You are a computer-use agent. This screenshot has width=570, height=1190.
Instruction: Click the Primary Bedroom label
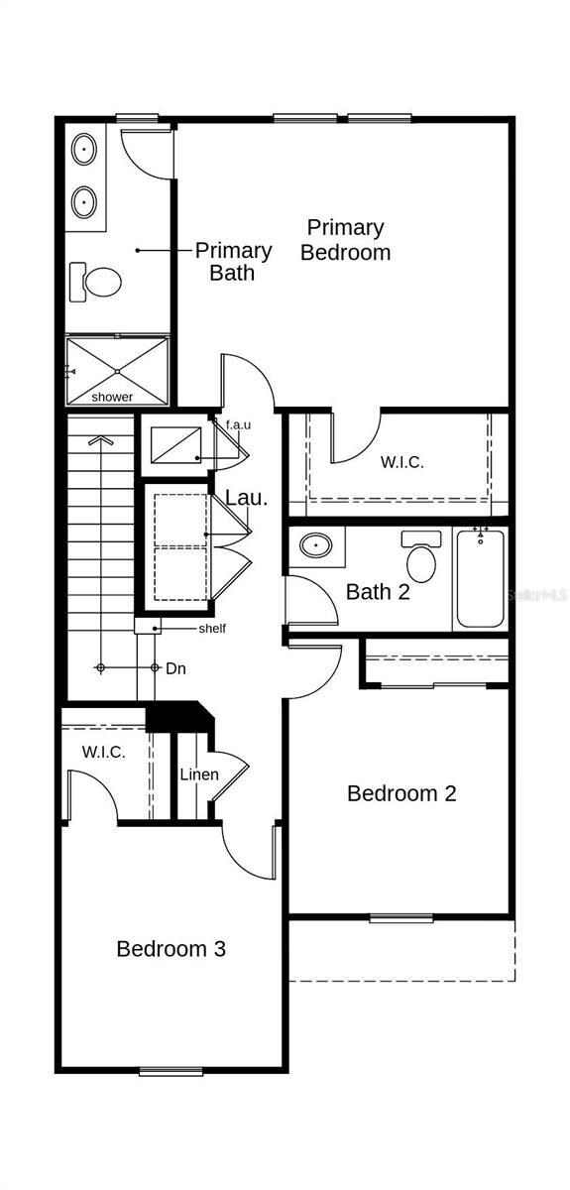(x=345, y=240)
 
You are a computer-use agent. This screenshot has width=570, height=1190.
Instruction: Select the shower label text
(x=112, y=397)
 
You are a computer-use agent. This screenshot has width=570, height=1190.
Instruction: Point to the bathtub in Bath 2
(x=480, y=578)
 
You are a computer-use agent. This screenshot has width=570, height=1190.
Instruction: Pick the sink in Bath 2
(x=316, y=545)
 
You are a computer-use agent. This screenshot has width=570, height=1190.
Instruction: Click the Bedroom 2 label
(x=401, y=793)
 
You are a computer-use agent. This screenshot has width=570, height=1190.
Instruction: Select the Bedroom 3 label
(x=171, y=949)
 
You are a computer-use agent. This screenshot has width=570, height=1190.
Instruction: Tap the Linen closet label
(x=199, y=774)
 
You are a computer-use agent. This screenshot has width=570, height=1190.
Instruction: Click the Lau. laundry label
(x=247, y=498)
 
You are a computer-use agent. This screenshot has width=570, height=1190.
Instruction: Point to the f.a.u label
(x=239, y=425)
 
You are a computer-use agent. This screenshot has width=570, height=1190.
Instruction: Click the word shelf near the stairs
(x=212, y=629)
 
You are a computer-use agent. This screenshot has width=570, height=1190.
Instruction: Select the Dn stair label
(x=175, y=668)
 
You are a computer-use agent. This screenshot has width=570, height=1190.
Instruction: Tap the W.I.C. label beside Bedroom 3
(x=103, y=752)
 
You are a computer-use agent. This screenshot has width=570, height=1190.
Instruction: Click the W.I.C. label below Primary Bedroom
(x=402, y=462)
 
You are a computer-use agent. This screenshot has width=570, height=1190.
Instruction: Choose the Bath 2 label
(x=378, y=592)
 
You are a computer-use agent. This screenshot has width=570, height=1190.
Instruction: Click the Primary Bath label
(x=233, y=262)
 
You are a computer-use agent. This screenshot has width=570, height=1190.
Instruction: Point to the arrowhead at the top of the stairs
(x=100, y=440)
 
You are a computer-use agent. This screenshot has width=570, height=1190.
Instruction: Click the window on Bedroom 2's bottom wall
(x=401, y=917)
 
